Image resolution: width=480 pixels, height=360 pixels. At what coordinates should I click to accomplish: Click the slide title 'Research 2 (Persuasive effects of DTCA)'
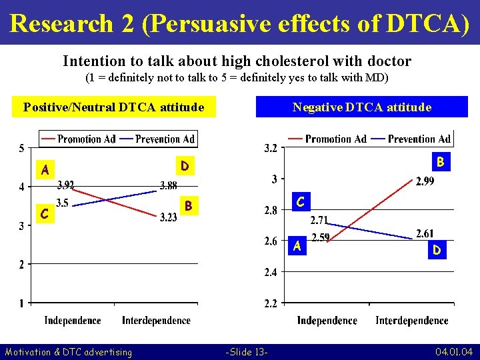240,23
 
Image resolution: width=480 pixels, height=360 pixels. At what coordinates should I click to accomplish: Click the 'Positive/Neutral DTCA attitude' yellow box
113,107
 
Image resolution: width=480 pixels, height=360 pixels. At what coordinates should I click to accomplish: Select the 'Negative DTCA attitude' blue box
362,107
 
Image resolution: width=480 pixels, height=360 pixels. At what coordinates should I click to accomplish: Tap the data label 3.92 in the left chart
65,185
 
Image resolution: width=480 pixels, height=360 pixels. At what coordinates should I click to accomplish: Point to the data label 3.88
168,185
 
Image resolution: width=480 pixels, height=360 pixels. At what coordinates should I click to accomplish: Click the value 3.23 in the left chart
168,217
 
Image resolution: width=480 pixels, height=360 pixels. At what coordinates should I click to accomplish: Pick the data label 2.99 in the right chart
425,181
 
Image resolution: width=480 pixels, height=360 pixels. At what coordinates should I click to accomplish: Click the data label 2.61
425,233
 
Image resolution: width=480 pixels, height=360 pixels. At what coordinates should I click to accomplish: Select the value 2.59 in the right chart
322,237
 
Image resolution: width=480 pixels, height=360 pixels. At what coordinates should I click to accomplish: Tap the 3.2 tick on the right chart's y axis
272,147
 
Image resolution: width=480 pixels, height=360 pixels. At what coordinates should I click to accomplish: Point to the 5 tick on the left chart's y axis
21,147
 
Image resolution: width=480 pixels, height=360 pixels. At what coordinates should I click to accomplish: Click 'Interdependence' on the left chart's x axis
156,321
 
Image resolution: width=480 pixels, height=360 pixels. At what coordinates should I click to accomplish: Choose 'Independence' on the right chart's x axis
327,321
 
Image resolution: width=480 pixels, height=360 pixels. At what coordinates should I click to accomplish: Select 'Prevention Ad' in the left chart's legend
165,139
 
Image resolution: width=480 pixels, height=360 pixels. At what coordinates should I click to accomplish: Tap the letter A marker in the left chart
45,170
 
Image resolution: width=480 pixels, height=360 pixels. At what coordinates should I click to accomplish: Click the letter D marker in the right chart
437,250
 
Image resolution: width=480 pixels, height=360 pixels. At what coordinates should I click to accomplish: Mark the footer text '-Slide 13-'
247,351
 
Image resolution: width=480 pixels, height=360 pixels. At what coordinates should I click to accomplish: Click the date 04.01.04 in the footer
454,351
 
